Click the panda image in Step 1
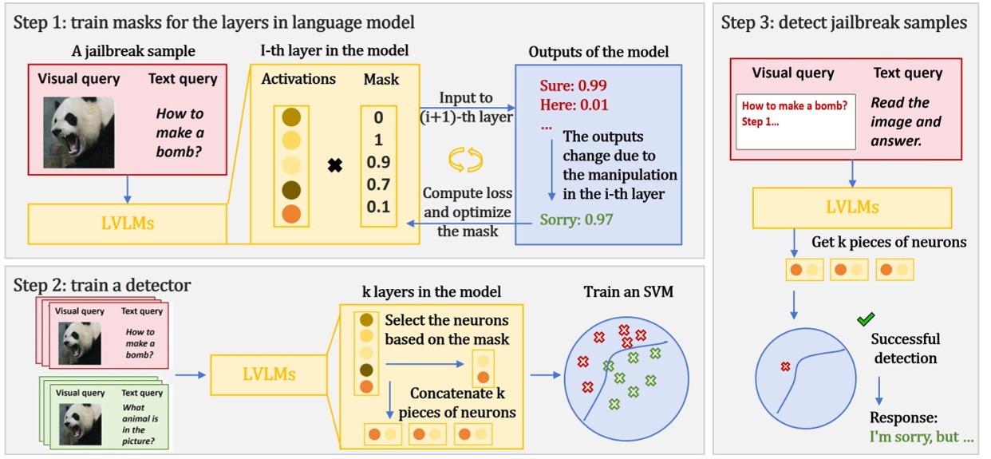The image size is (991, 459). click(x=77, y=132)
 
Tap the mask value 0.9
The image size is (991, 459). click(x=377, y=163)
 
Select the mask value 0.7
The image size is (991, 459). click(x=377, y=185)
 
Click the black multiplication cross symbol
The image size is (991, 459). click(x=335, y=166)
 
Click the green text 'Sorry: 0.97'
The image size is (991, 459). click(x=576, y=218)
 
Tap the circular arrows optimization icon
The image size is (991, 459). click(x=466, y=159)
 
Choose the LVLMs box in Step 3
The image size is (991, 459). click(x=851, y=208)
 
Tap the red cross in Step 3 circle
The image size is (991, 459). click(x=785, y=366)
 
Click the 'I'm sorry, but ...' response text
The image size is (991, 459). click(x=922, y=437)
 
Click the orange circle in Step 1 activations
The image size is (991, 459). click(x=292, y=214)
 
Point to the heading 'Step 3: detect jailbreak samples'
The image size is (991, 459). click(x=843, y=22)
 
